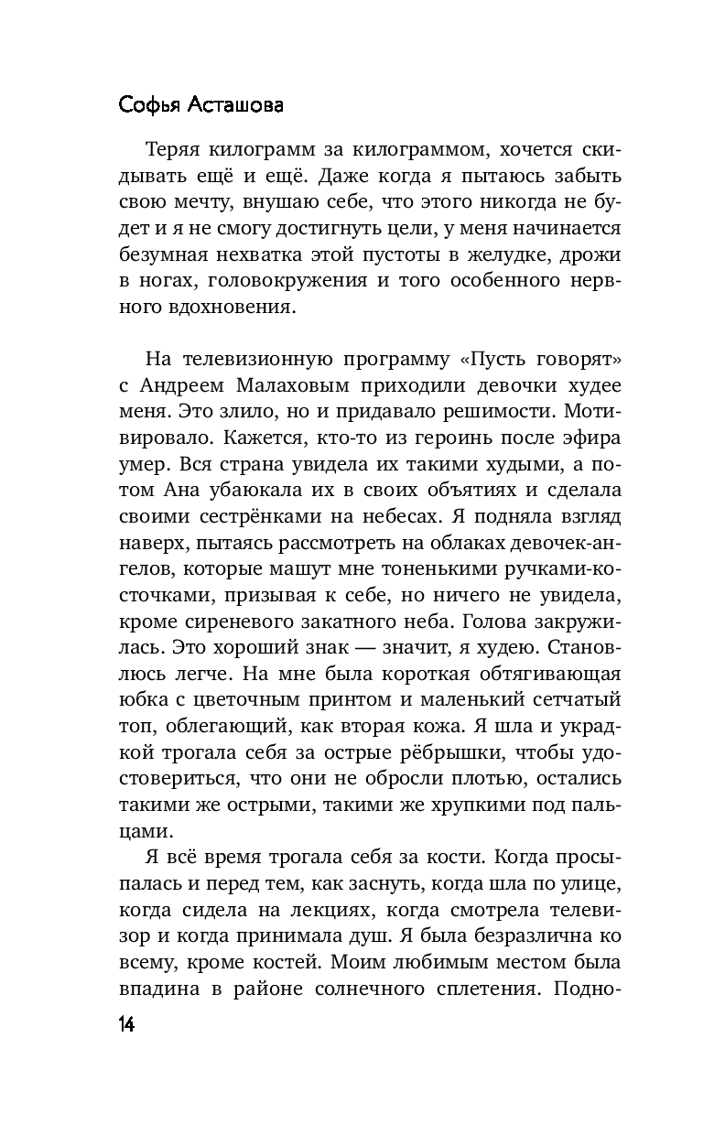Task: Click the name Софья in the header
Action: coord(150,106)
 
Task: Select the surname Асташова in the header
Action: coord(235,106)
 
